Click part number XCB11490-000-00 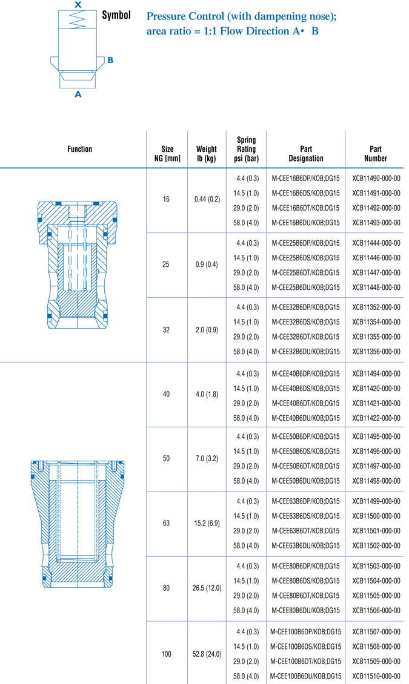376,179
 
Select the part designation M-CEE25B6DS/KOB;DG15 305,258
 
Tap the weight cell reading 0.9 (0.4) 207,265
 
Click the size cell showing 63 167,524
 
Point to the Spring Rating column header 246,149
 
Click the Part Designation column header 305,154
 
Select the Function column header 80,149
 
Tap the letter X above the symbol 78,5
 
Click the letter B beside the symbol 110,61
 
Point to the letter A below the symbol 78,94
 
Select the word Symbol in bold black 116,15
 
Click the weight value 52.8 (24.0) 207,654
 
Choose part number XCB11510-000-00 376,676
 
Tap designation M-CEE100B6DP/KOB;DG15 305,631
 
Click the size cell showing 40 167,394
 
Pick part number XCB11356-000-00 376,351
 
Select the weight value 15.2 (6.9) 207,524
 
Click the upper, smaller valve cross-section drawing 73,265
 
